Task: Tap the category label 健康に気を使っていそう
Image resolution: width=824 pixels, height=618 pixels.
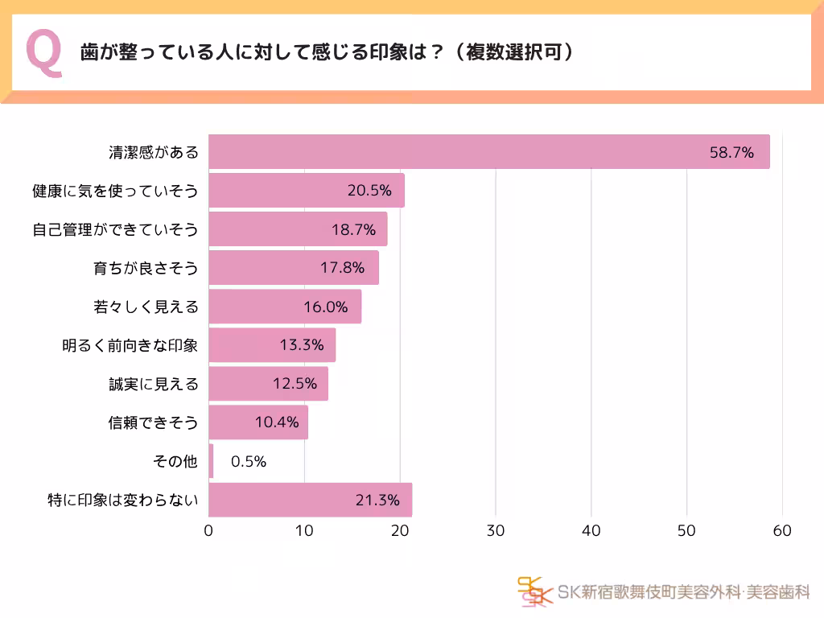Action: (114, 191)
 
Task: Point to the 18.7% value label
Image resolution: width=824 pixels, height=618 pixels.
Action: (353, 229)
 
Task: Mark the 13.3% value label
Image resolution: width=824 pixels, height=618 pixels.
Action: (302, 345)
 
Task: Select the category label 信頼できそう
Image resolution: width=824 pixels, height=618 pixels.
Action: (153, 422)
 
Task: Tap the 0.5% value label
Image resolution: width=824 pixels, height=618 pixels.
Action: (248, 461)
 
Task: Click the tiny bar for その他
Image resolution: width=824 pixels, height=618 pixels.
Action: (211, 461)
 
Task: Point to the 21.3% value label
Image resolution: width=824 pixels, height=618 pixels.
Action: (377, 500)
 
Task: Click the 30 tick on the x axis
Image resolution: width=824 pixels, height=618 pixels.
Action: (496, 531)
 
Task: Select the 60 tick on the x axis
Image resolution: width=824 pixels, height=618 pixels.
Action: (782, 531)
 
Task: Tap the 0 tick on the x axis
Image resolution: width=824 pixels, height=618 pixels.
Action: (209, 531)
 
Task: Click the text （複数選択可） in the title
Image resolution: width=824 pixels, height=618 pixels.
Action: (513, 52)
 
